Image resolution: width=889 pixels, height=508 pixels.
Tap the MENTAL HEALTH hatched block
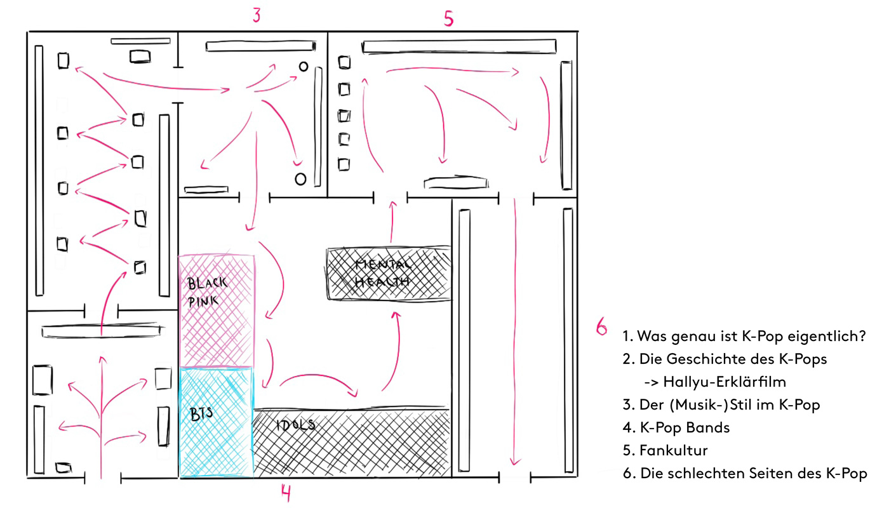(389, 273)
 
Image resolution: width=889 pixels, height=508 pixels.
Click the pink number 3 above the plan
(256, 15)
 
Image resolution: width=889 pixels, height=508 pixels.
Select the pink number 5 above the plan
(448, 19)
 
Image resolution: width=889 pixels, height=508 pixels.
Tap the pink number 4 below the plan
(286, 492)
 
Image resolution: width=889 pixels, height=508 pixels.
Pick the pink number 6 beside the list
(601, 327)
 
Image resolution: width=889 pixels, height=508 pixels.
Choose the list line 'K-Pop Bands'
(676, 428)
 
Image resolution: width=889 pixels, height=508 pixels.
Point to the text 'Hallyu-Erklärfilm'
(724, 382)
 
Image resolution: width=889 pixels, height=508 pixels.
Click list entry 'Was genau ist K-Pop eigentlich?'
(744, 337)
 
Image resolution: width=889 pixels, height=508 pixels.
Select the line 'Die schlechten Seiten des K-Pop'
(745, 474)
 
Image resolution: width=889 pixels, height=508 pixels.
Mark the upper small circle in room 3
(304, 66)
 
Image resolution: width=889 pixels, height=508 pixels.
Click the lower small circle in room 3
(300, 179)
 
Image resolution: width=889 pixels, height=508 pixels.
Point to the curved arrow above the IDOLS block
(317, 382)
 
